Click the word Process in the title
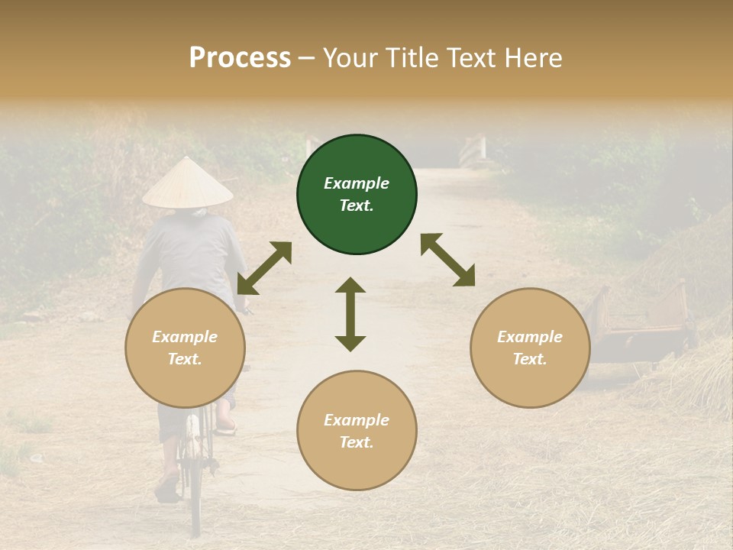click(x=240, y=57)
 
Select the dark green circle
click(x=357, y=195)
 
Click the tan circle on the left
click(x=185, y=348)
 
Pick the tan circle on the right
click(x=530, y=348)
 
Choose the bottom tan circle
click(x=357, y=430)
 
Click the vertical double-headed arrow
click(x=350, y=314)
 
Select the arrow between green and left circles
click(x=264, y=268)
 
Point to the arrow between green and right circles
click(x=447, y=260)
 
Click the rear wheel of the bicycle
click(x=195, y=489)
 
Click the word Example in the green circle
click(x=357, y=183)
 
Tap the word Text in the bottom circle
click(x=357, y=442)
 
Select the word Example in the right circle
click(x=530, y=337)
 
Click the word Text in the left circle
click(x=185, y=359)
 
